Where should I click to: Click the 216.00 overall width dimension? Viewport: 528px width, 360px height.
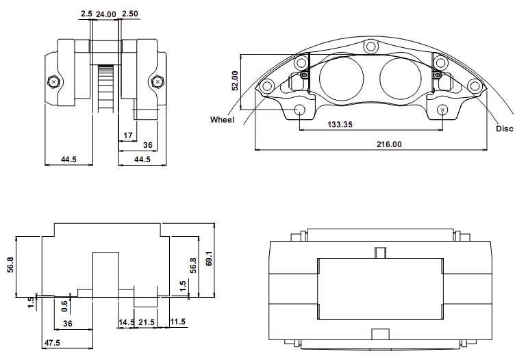(x=389, y=144)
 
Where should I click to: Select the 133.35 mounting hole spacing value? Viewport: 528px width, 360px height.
(x=340, y=125)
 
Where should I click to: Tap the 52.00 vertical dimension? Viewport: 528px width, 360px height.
(x=235, y=81)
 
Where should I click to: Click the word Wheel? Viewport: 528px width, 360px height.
(x=222, y=120)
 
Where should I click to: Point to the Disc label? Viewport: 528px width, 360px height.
(x=505, y=129)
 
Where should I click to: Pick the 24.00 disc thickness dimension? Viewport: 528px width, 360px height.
(x=105, y=14)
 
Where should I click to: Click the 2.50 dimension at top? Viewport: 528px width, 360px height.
(x=130, y=14)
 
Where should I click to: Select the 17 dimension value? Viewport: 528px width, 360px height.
(x=128, y=136)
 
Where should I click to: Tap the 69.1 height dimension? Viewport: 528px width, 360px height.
(x=209, y=259)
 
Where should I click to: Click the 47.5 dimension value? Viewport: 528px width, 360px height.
(x=52, y=342)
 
